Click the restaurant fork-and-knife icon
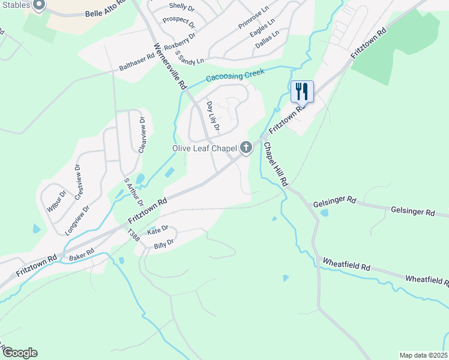click(x=302, y=92)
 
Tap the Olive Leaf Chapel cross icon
click(x=246, y=148)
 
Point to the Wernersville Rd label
click(x=170, y=66)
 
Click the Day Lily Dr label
click(x=212, y=116)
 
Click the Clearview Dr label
click(x=142, y=135)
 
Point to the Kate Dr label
click(x=158, y=230)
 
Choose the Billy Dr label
click(x=163, y=243)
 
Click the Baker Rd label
click(x=82, y=254)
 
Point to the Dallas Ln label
click(x=267, y=41)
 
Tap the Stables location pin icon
click(x=39, y=5)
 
